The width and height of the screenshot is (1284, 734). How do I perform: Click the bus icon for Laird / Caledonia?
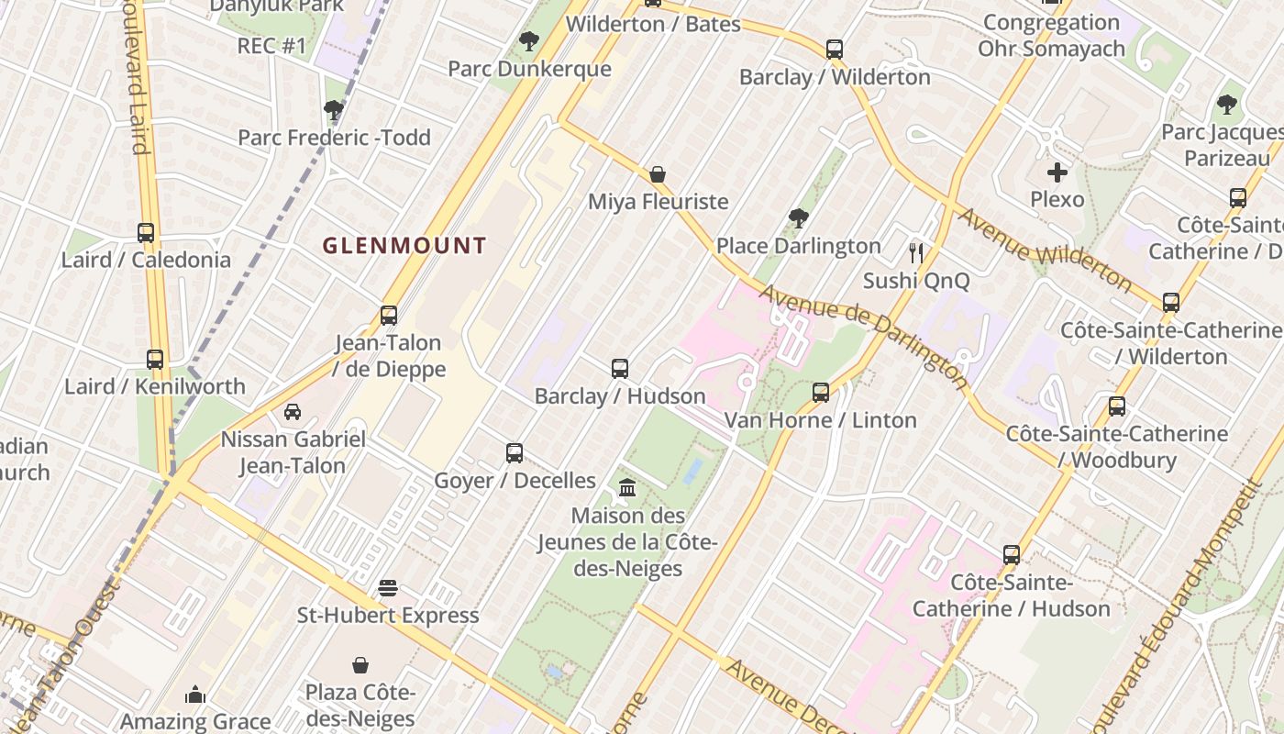coord(146,233)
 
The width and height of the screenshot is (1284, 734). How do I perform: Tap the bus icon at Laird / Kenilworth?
coord(155,360)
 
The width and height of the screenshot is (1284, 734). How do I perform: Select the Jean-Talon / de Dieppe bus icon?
coord(389,316)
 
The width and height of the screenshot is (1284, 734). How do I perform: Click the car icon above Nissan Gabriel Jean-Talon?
coord(293,412)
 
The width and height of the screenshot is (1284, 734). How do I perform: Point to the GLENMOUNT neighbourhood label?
coord(404,246)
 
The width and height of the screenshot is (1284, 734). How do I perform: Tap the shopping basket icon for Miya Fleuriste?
coord(658,174)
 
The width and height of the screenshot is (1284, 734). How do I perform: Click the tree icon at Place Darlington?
coord(798,218)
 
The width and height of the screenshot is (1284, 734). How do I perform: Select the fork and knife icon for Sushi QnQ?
coord(915,253)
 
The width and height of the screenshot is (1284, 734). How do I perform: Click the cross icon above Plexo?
coord(1057,172)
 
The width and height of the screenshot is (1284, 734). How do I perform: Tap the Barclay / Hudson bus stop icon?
coord(620,369)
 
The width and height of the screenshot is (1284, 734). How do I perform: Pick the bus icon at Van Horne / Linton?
coord(821,393)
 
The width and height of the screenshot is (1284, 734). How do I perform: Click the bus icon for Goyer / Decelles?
coord(515,453)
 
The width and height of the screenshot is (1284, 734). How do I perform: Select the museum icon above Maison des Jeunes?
coord(627,487)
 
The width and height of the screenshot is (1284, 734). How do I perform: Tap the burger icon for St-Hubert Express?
coord(388,587)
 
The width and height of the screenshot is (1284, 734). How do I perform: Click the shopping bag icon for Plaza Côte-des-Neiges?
coord(360,664)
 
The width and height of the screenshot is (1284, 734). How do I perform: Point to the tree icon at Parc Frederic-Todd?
coord(334,110)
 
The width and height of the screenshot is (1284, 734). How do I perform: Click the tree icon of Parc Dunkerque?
coord(529,41)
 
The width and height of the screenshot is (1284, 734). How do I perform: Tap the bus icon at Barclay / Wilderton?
coord(834,50)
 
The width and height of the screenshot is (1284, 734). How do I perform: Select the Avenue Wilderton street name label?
coord(1046,248)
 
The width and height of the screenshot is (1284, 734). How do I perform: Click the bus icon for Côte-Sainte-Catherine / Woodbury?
coord(1117,406)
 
